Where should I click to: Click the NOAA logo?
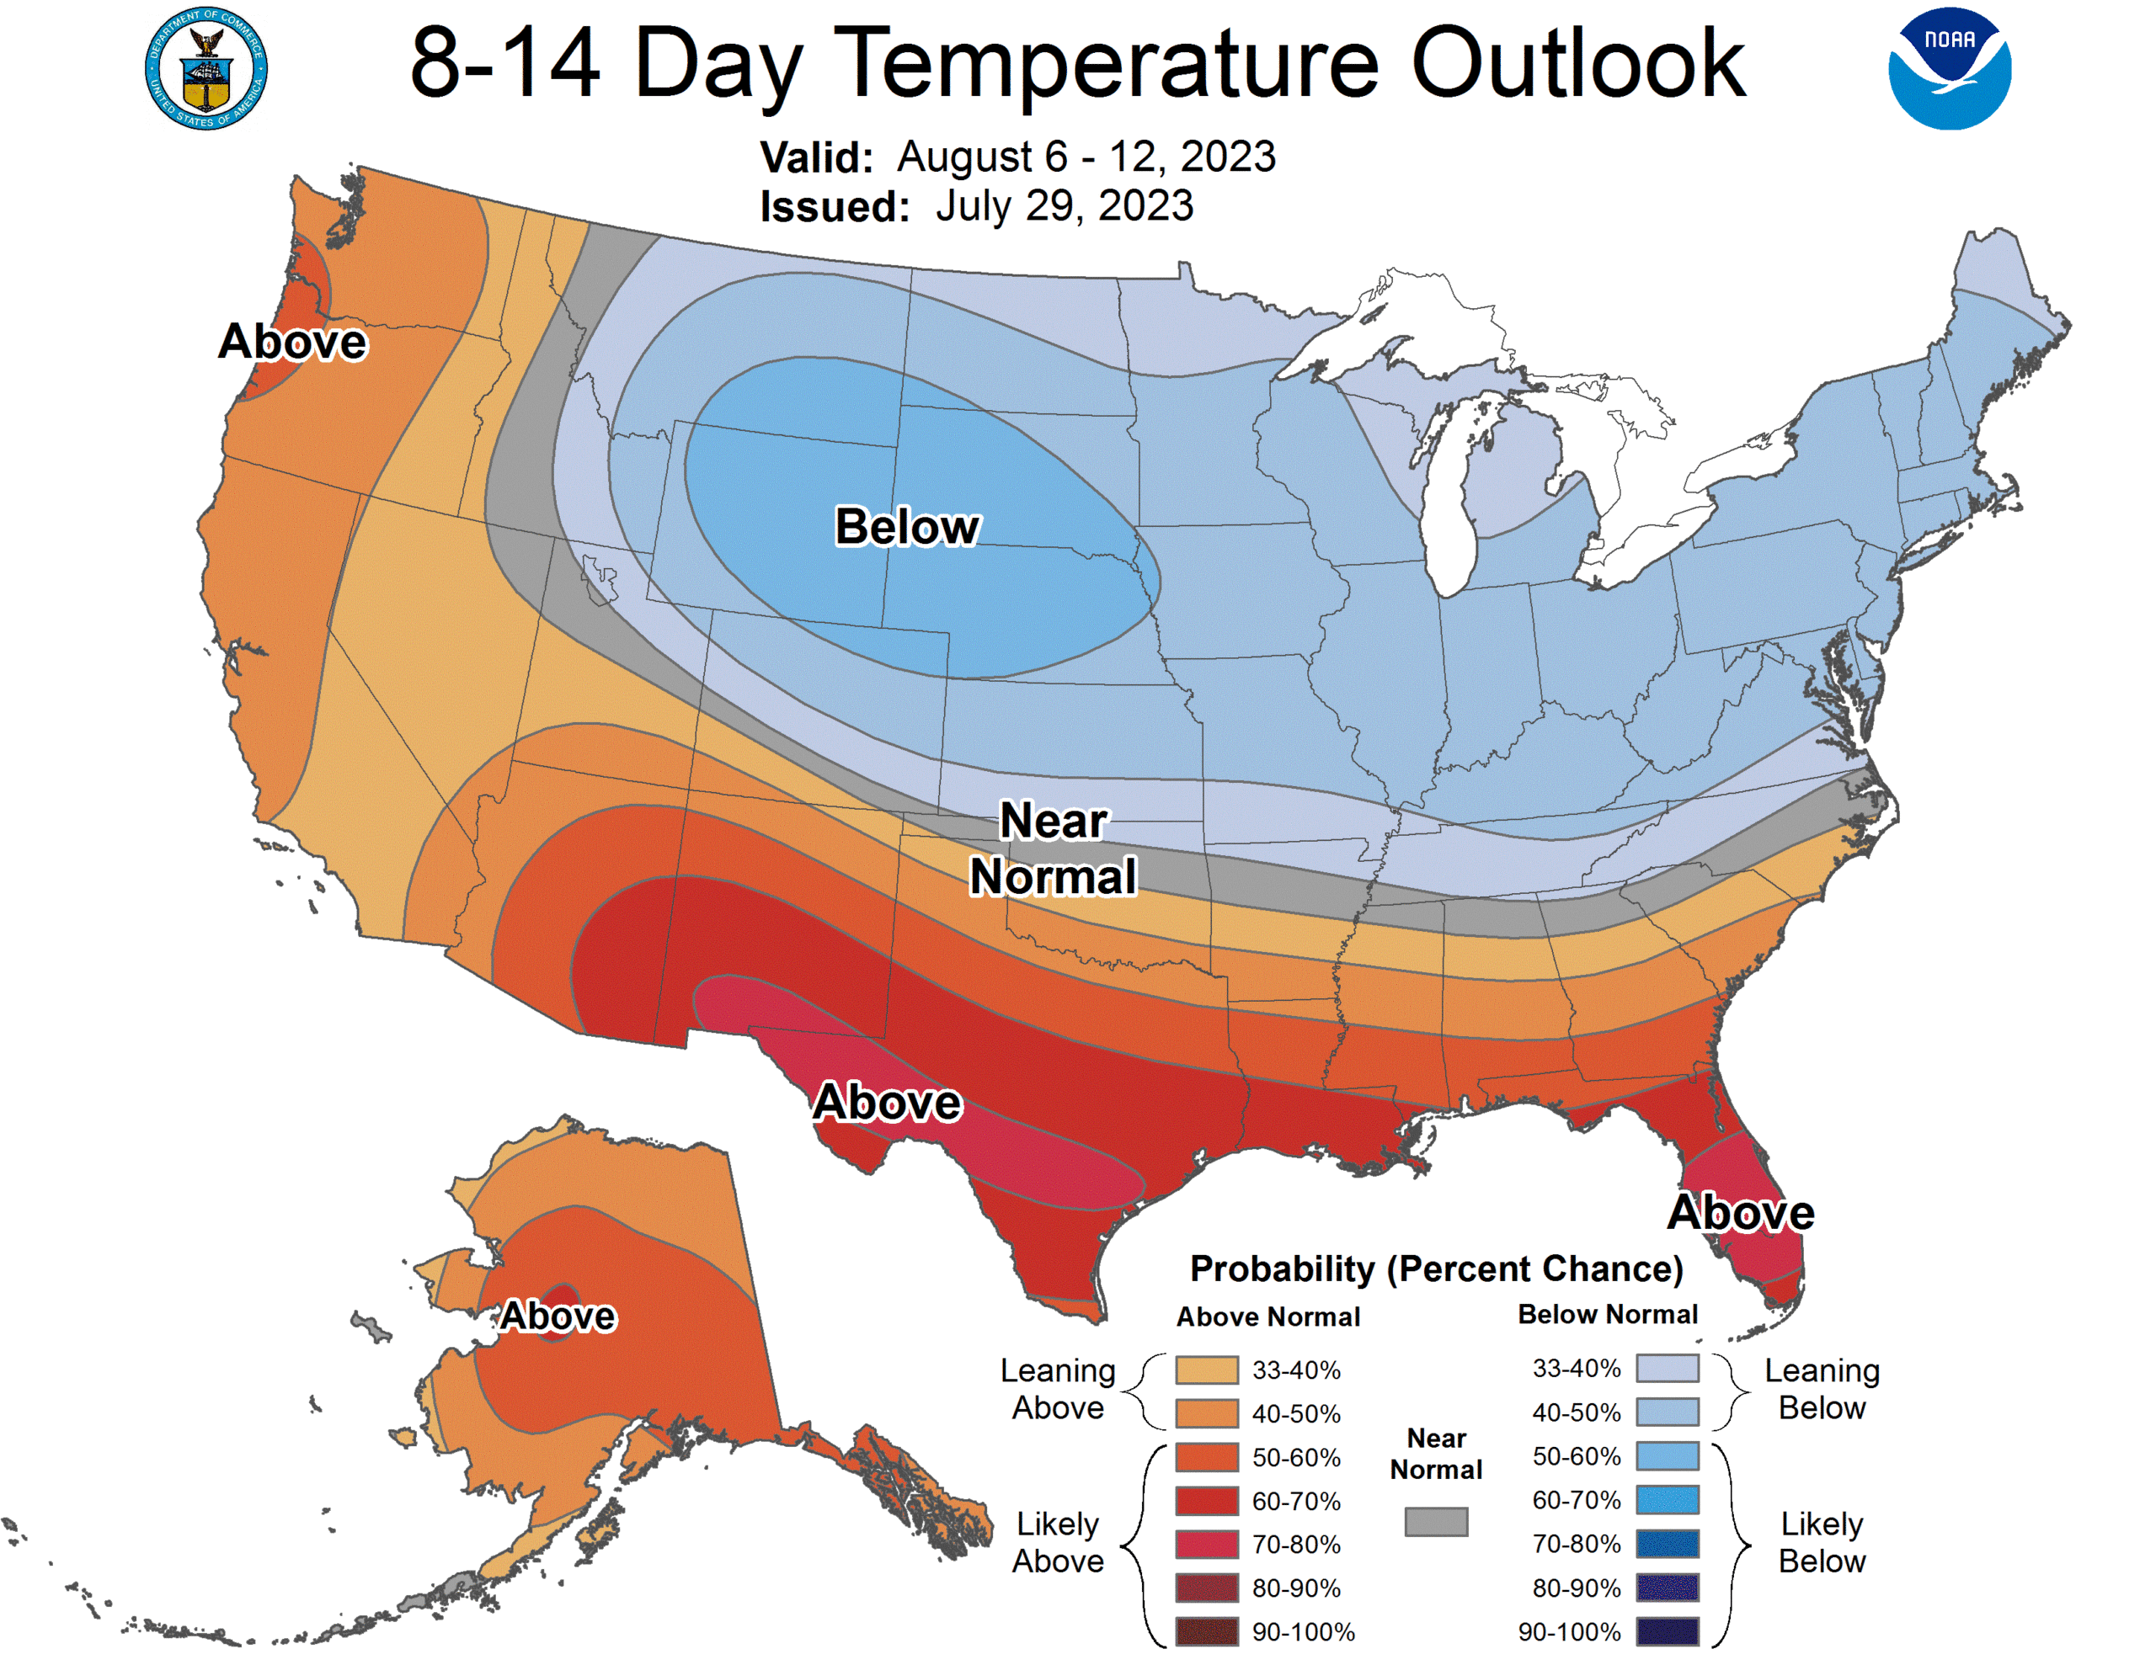point(1949,68)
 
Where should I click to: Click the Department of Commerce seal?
point(205,69)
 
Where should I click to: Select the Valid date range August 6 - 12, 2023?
point(1086,157)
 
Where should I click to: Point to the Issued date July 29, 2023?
point(1065,206)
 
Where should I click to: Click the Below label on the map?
point(906,527)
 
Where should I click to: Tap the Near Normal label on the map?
point(1054,848)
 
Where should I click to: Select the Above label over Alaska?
point(558,1316)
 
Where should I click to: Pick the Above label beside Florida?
point(1741,1212)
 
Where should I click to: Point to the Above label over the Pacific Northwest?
point(292,342)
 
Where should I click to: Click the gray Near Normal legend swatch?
point(1436,1521)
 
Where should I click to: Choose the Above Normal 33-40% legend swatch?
point(1206,1370)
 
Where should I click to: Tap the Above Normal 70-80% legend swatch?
point(1206,1544)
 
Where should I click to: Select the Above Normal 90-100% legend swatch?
point(1206,1631)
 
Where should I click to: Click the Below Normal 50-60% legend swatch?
point(1668,1455)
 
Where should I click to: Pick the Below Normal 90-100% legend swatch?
point(1668,1631)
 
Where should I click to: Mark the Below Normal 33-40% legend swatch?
point(1668,1368)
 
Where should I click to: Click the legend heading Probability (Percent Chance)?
point(1436,1269)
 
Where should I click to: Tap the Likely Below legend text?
point(1822,1543)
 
